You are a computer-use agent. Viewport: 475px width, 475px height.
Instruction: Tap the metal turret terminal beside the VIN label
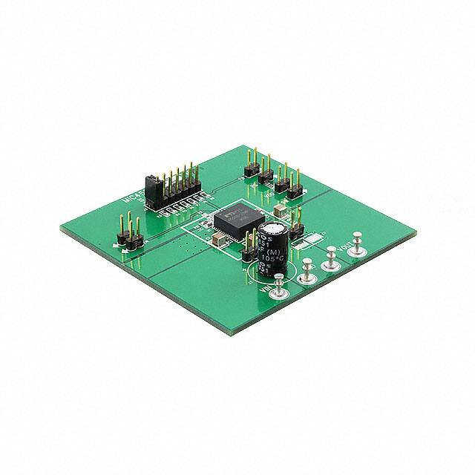[x=278, y=289]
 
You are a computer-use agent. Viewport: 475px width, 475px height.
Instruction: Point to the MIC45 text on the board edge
[x=127, y=194]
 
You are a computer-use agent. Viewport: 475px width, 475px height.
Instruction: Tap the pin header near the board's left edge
[x=127, y=232]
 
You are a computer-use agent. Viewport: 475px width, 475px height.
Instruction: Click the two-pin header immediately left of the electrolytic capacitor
[x=246, y=252]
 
